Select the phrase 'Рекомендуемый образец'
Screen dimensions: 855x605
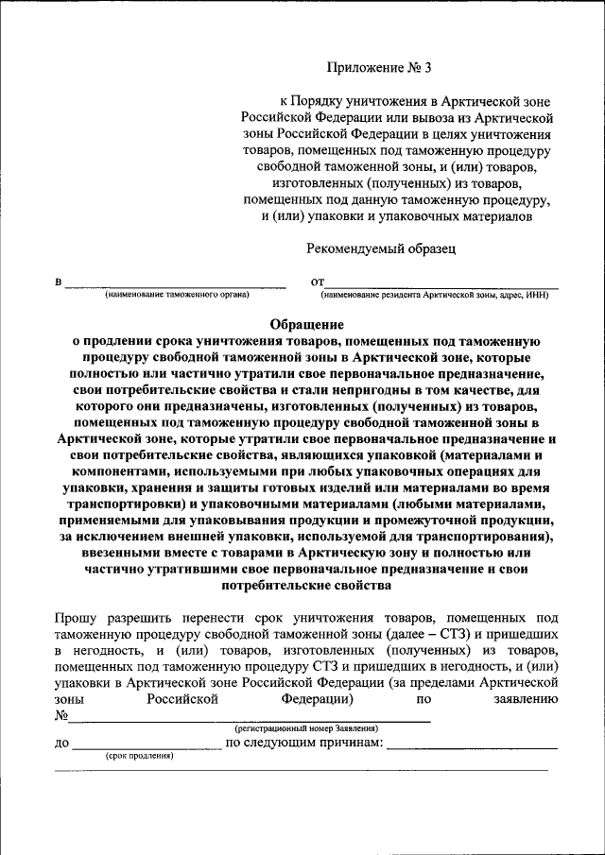pos(381,249)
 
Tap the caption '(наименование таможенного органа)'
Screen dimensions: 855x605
pos(177,296)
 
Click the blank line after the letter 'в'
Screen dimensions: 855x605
pos(175,284)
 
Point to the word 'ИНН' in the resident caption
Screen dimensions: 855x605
pos(538,296)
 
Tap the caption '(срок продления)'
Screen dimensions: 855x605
pos(138,756)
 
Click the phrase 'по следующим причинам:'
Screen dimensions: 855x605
pos(304,744)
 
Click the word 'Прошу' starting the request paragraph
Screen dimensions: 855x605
pos(75,616)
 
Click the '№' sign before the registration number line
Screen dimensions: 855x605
pos(61,715)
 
